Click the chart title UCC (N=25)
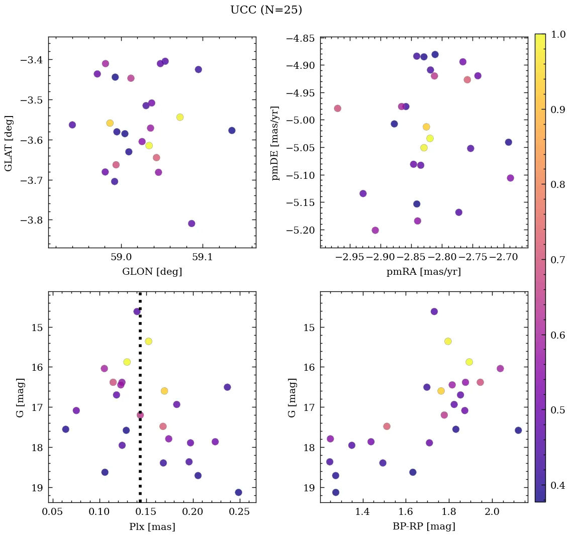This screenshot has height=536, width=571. point(266,10)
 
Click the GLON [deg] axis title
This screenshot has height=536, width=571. point(152,272)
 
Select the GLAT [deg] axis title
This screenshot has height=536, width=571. point(9,143)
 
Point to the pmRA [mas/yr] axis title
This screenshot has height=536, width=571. point(423,272)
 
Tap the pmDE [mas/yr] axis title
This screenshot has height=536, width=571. point(275,143)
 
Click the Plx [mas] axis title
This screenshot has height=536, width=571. point(152,527)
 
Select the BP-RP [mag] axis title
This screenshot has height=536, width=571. point(423,527)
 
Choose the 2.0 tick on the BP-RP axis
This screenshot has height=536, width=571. point(492,512)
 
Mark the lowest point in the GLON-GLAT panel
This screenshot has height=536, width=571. point(192,224)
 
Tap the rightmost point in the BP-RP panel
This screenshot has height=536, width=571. point(518,431)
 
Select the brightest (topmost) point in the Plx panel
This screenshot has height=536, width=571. point(137,311)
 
